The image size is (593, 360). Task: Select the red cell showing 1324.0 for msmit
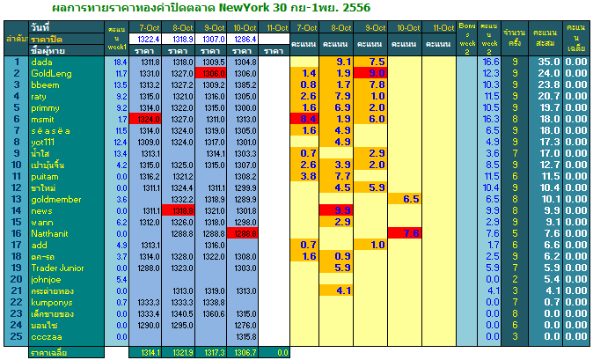coord(145,119)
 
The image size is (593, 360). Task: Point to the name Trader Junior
coord(58,267)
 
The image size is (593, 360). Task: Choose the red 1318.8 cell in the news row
coord(179,210)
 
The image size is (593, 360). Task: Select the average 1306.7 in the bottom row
coord(245,352)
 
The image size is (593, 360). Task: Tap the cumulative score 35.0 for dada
coord(548,62)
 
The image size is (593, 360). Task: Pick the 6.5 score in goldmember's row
coord(410,199)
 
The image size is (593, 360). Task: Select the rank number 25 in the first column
coord(15,335)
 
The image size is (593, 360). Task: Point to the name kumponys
coord(52,301)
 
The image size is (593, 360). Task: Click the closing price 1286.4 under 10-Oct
coord(245,40)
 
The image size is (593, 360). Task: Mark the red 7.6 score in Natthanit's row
coord(410,233)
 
